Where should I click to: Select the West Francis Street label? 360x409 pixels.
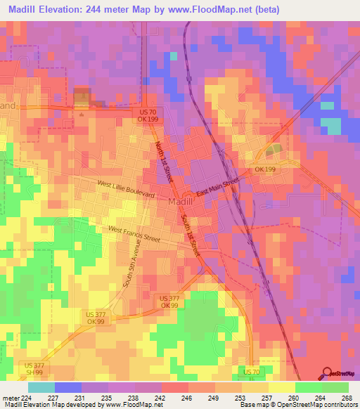click(x=134, y=234)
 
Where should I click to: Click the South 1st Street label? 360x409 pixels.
click(x=191, y=235)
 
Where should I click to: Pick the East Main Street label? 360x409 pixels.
click(x=218, y=187)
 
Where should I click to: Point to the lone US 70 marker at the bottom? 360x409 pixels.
click(x=252, y=370)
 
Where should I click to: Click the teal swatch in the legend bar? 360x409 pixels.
click(x=41, y=387)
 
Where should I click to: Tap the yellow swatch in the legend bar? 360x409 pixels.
click(x=281, y=387)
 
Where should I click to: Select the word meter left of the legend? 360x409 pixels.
click(x=11, y=397)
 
